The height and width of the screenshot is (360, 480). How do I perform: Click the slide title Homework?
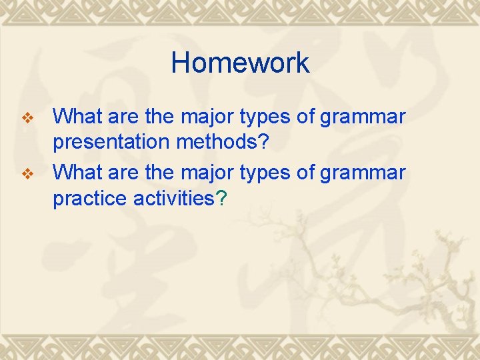[240, 63]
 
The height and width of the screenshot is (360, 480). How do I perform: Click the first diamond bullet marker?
[27, 119]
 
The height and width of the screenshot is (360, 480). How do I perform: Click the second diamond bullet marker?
[27, 174]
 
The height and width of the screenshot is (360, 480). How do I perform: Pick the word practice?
[87, 199]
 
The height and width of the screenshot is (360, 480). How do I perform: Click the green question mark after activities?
[222, 199]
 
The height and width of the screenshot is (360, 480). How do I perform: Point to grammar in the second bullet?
[363, 173]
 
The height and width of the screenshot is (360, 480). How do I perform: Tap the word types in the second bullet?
[269, 173]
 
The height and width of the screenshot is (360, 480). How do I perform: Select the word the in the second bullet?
[160, 172]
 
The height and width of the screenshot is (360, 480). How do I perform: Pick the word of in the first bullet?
[307, 117]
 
